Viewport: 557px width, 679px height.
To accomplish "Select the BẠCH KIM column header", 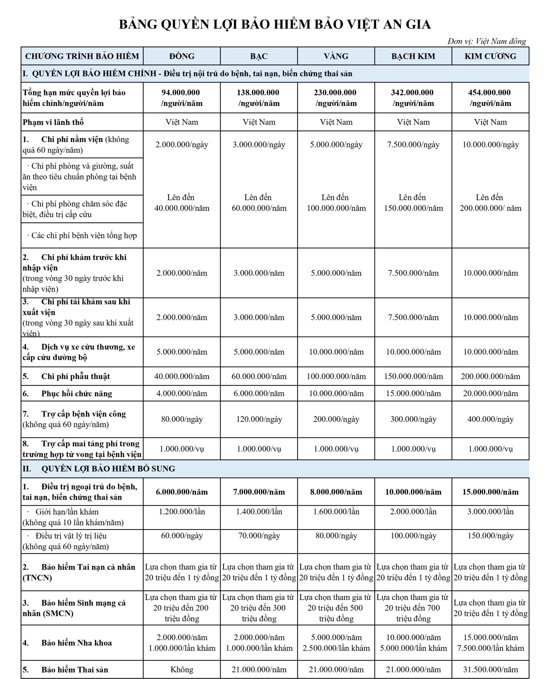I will point(413,56).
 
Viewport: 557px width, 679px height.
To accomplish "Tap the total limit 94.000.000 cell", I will point(182,98).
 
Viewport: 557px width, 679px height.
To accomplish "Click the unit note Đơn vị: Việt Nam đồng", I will point(486,41).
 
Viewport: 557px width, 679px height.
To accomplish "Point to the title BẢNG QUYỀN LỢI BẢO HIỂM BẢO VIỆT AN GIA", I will point(275,24).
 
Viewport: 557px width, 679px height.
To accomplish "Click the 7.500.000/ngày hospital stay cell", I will point(413,144).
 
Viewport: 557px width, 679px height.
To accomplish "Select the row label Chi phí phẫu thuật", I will point(75,376).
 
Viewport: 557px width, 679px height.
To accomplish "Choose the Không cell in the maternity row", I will point(182,669).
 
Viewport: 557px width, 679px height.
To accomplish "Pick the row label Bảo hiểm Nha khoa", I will point(76,643).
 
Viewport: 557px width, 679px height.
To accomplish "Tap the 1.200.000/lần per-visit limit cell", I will point(182,512).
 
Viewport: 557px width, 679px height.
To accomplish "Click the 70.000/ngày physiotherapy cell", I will point(259,535).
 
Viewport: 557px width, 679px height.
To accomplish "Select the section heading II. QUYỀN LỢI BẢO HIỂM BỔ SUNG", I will point(99,469).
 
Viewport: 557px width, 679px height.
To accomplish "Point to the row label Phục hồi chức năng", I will point(76,394).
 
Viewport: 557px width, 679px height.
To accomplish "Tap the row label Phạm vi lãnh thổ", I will point(53,122).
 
